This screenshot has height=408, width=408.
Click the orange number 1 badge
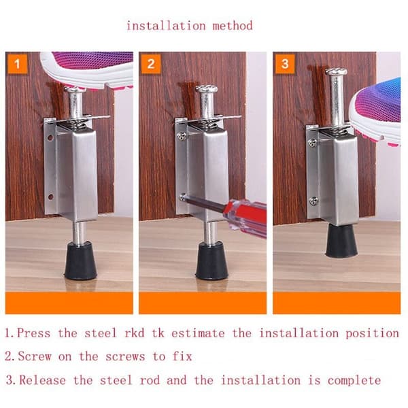click(18, 64)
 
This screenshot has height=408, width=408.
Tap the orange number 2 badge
click(151, 64)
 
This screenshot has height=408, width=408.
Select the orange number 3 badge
click(285, 64)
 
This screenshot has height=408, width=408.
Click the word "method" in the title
click(233, 26)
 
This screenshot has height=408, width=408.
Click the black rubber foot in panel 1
click(81, 260)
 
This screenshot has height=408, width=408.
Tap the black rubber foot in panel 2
click(211, 260)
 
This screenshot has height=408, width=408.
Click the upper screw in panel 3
click(313, 142)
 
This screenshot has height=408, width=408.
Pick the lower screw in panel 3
click(314, 201)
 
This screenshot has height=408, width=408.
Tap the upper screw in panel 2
click(182, 135)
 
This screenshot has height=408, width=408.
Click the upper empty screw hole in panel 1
click(50, 137)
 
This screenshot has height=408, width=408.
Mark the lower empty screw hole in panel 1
click(51, 197)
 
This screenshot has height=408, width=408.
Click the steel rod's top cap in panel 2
click(206, 88)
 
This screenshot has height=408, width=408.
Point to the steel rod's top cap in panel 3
click(336, 71)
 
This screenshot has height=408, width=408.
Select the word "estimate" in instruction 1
click(198, 334)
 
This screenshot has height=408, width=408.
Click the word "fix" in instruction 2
click(182, 356)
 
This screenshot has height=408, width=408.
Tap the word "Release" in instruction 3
click(43, 380)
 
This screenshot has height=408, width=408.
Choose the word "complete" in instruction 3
click(354, 381)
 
